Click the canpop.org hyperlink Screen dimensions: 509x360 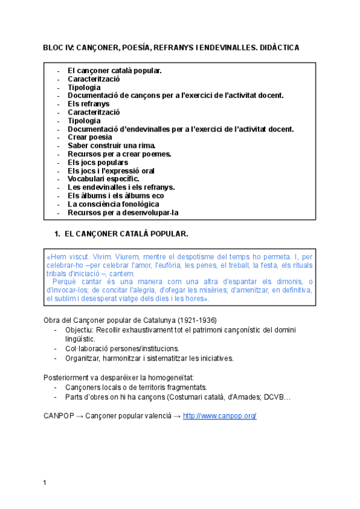[220, 416]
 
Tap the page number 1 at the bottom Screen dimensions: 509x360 [45, 483]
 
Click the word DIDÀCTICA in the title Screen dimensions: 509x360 [278, 47]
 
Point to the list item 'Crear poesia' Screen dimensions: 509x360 [90, 137]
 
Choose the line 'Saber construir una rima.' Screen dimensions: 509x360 [111, 145]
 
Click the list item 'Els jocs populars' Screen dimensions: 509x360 [98, 162]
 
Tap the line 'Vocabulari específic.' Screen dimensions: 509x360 [103, 179]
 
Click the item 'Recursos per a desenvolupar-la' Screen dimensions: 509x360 [123, 212]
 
